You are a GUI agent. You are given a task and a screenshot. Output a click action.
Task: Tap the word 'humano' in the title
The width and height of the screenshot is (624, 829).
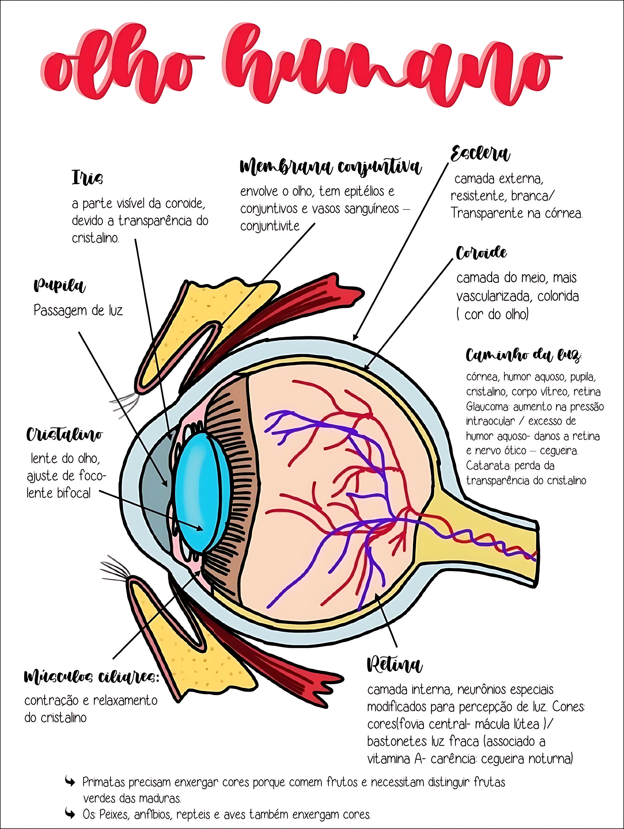click(x=390, y=68)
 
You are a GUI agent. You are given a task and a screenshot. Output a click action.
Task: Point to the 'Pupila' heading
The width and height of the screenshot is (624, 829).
click(x=59, y=286)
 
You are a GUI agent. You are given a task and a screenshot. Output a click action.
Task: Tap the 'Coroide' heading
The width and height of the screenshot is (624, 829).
click(x=481, y=253)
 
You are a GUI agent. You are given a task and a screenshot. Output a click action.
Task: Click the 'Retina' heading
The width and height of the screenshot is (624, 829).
click(x=394, y=665)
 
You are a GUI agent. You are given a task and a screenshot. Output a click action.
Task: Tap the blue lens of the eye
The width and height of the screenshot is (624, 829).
click(x=199, y=491)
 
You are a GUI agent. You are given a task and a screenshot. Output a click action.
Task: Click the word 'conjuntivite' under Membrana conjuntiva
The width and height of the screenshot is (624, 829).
click(x=270, y=226)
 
